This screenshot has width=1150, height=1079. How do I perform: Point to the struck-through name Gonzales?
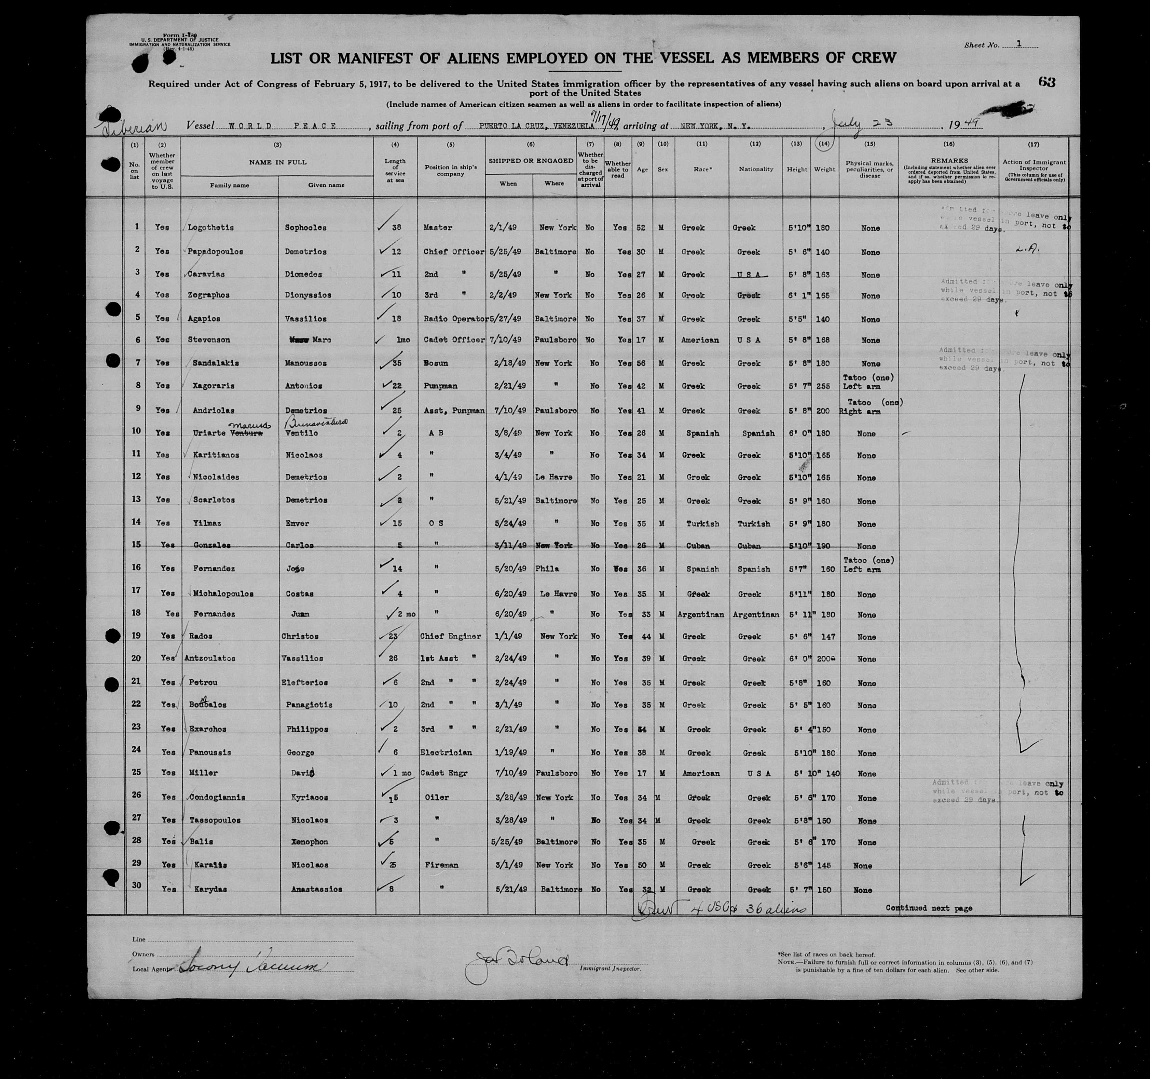212,545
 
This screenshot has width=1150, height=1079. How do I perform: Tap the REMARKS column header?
949,160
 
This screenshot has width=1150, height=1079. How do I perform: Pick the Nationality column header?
755,169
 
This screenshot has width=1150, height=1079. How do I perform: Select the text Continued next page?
929,908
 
